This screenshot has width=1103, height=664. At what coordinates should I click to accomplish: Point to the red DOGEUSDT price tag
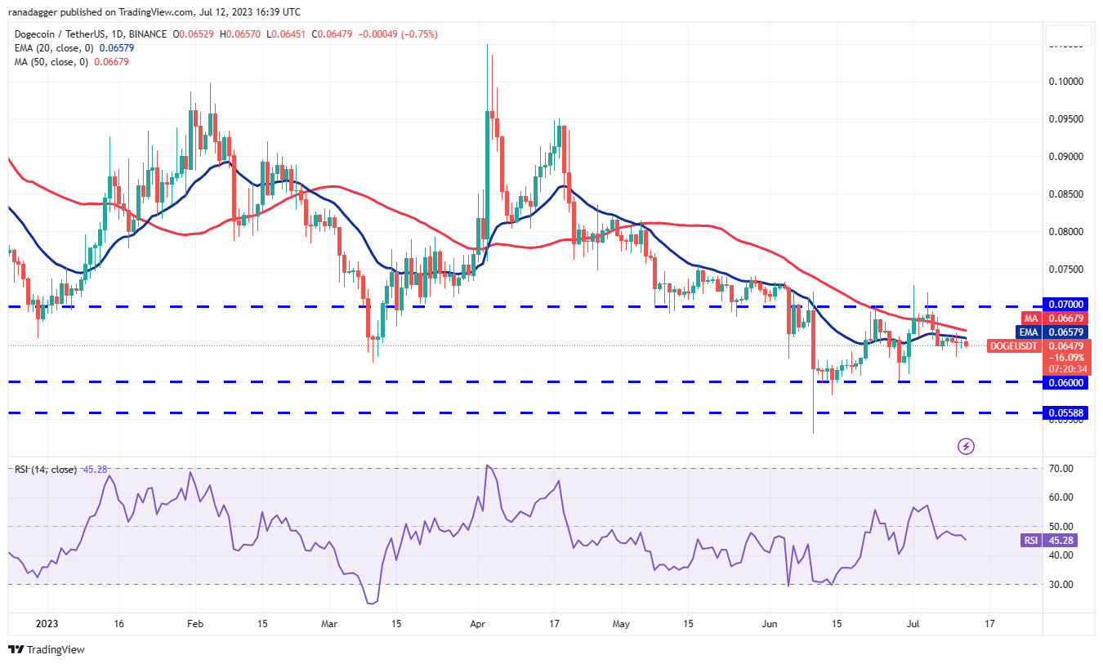(x=1013, y=346)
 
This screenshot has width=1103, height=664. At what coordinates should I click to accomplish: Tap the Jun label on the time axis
(x=770, y=622)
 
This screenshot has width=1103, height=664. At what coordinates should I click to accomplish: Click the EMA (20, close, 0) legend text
(x=54, y=47)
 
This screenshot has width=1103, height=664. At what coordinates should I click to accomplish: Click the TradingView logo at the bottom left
(x=47, y=650)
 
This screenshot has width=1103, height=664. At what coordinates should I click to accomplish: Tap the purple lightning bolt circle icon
(x=966, y=446)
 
